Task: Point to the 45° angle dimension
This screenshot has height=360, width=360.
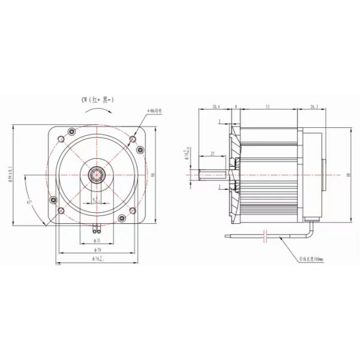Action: coord(28,202)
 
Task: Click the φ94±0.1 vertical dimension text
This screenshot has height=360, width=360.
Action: coord(7,175)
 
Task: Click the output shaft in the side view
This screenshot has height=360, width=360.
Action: coord(213,175)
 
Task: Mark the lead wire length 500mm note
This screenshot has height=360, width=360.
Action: coord(312,260)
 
